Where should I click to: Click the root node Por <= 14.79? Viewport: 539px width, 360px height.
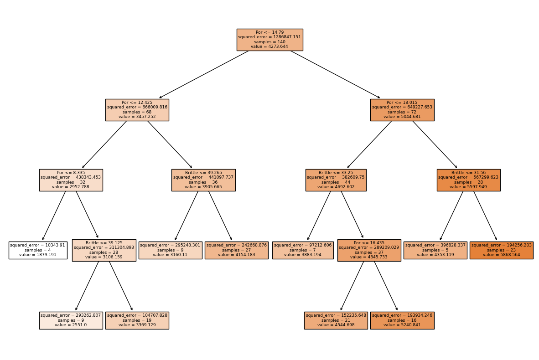tap(269, 40)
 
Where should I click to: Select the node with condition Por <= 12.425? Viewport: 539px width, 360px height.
tap(137, 110)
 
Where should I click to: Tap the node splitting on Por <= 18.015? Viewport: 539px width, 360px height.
tap(402, 110)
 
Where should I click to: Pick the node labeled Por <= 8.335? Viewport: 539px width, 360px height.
tap(71, 180)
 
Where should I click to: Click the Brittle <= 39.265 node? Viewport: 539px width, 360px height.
tap(203, 180)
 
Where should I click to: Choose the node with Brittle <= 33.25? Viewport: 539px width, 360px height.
tap(336, 180)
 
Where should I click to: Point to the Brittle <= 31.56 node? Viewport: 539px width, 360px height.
tap(468, 180)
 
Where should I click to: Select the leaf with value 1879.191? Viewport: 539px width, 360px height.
tap(38, 250)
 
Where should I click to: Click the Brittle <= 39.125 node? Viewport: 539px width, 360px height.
tap(104, 250)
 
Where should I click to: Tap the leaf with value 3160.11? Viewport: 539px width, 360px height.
tap(170, 250)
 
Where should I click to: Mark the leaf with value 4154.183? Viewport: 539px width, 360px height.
tap(236, 250)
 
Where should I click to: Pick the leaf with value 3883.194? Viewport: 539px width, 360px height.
tap(303, 250)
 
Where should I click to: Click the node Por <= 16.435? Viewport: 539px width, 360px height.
tap(369, 250)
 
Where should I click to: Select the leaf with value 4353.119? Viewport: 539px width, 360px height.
tap(435, 250)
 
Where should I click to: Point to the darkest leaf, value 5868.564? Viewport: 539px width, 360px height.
tap(501, 250)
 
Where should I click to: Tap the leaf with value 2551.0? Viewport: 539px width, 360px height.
tap(71, 320)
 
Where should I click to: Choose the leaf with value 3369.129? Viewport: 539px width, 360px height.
tap(137, 320)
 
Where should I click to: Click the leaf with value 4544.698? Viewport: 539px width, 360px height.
tap(336, 320)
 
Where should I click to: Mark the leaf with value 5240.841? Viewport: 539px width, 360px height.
tap(402, 320)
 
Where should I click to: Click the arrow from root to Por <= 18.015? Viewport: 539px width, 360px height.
tap(335, 74)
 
